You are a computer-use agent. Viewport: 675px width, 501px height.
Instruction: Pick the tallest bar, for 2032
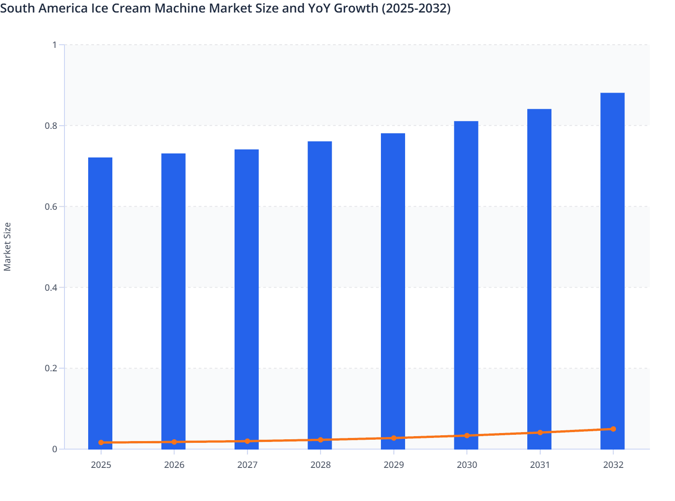(612, 268)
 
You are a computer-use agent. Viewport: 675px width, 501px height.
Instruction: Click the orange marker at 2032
(613, 429)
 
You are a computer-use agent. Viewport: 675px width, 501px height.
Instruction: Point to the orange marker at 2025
(101, 442)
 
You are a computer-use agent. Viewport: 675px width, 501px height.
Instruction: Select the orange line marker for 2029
(394, 438)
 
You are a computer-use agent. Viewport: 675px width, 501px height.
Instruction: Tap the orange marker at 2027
(248, 441)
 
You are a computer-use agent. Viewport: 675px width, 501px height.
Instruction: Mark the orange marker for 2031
(540, 433)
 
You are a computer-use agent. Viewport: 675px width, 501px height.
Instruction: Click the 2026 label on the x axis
(174, 465)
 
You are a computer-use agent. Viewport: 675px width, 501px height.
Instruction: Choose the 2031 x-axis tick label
(540, 465)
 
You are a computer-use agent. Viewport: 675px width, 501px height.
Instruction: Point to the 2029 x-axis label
(394, 465)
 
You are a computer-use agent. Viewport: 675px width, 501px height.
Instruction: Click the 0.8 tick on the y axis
(51, 126)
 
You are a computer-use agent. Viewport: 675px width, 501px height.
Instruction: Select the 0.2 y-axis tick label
(51, 369)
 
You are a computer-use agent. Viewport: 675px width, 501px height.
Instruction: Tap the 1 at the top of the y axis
(55, 45)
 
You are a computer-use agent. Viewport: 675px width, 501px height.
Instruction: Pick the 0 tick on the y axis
(55, 449)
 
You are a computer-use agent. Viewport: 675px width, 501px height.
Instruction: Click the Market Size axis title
(7, 246)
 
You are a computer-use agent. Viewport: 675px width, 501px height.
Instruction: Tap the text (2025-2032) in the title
(416, 8)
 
